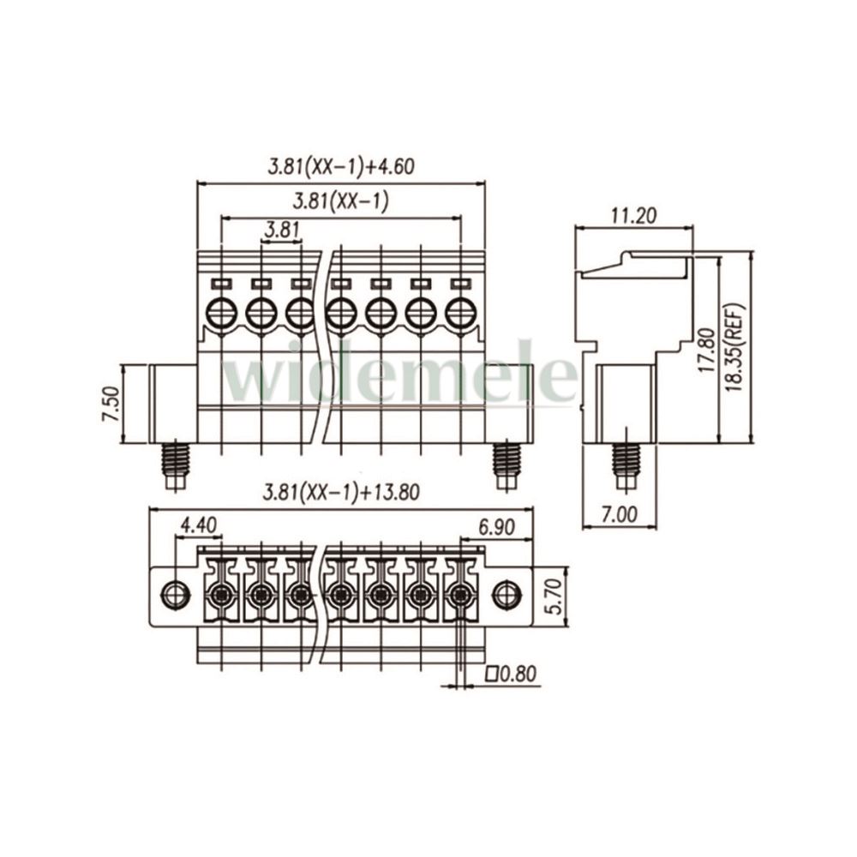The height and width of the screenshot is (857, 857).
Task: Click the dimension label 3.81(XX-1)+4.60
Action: click(340, 167)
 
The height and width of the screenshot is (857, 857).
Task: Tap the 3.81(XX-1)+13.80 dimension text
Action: click(341, 493)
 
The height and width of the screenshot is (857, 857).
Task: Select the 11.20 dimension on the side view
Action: click(633, 216)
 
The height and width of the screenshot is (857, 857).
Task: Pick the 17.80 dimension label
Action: click(708, 350)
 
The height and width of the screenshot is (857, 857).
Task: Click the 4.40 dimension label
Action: click(199, 526)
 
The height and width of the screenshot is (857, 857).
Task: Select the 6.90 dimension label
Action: click(496, 527)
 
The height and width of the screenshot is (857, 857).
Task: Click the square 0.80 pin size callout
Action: click(512, 674)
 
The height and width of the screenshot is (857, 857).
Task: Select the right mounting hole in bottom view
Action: click(506, 594)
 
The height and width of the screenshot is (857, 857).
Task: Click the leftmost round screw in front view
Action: click(221, 313)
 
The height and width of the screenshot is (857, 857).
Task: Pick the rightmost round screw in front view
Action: click(460, 313)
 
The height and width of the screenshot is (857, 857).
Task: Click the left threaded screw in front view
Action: click(176, 464)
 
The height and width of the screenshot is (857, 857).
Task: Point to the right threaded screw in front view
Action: click(506, 464)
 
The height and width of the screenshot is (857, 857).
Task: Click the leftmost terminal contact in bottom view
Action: click(221, 594)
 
